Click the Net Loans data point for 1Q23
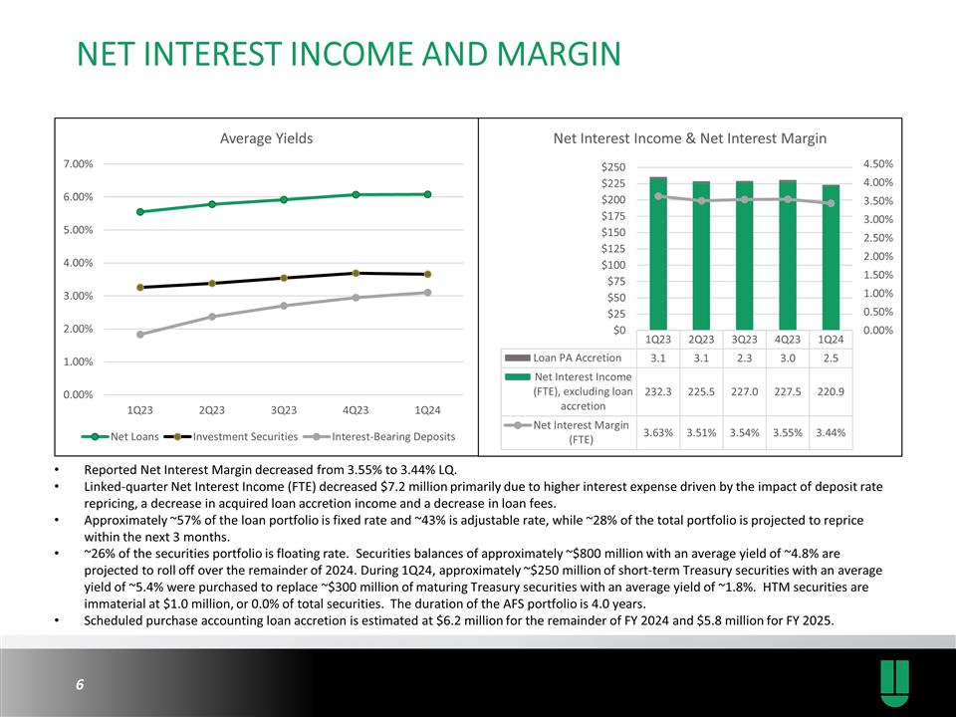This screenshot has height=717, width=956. [x=140, y=211]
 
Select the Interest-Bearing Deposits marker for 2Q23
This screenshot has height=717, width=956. [x=211, y=317]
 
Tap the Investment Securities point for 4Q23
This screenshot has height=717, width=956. [x=356, y=273]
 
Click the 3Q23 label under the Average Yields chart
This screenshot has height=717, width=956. [x=284, y=410]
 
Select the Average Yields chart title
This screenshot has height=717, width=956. [x=266, y=138]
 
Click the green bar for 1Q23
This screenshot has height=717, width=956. [x=658, y=255]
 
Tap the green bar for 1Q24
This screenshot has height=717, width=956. [x=831, y=258]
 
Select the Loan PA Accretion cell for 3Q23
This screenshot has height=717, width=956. [x=744, y=357]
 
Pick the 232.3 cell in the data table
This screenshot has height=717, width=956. [x=658, y=391]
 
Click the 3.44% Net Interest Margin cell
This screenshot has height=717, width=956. [x=831, y=431]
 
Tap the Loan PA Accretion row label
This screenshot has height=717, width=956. [x=577, y=357]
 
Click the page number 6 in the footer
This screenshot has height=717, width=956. [x=79, y=685]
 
